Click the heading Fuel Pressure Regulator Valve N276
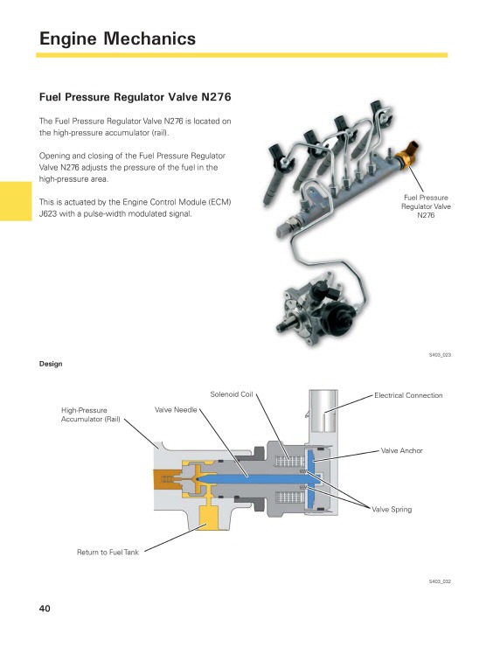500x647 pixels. click(135, 99)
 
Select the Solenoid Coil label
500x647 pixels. click(232, 394)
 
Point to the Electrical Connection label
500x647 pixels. click(408, 395)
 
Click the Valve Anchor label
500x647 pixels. click(401, 450)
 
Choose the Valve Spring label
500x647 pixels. click(392, 509)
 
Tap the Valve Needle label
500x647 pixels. click(176, 409)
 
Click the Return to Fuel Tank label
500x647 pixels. click(108, 552)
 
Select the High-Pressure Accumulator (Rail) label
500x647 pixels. click(90, 414)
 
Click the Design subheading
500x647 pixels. click(51, 363)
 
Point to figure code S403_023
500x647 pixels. click(439, 355)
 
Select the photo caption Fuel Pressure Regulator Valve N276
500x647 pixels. click(425, 206)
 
